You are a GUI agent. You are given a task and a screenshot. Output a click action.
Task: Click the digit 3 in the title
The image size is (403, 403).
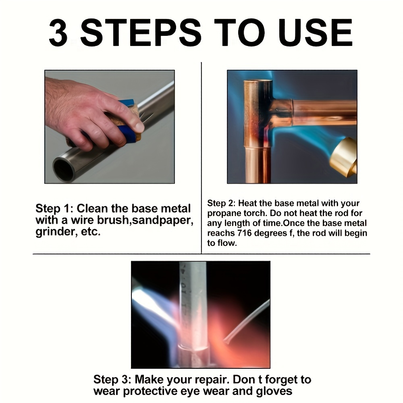58,33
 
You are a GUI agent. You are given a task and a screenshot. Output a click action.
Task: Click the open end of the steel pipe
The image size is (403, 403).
64,169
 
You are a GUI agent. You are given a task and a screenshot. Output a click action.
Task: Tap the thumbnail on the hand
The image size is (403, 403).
139,127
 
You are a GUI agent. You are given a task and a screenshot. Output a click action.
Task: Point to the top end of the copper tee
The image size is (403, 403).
258,81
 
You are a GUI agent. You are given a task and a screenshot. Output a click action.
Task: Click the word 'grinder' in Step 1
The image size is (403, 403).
56,232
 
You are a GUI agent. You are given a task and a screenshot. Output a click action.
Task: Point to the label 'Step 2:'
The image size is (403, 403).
221,203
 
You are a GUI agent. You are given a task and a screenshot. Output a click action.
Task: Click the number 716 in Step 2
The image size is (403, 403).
244,233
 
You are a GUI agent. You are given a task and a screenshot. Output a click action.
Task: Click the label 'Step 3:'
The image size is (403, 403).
112,380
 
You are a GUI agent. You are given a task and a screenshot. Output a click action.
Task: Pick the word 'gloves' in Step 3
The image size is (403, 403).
274,391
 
